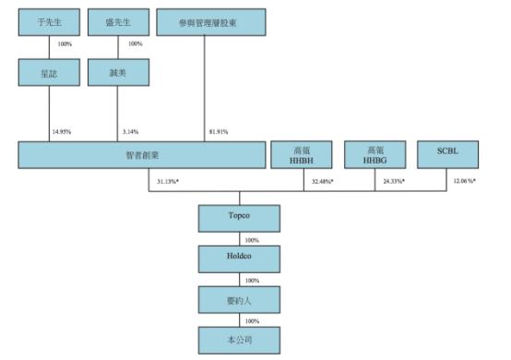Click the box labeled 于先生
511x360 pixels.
(47, 21)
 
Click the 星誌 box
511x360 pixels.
(47, 73)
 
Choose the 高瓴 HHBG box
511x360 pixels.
(374, 155)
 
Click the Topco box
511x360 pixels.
(239, 218)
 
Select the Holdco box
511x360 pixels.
(239, 259)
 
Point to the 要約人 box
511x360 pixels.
(239, 300)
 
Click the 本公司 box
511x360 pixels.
(239, 341)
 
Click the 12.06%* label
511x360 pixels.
(463, 181)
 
